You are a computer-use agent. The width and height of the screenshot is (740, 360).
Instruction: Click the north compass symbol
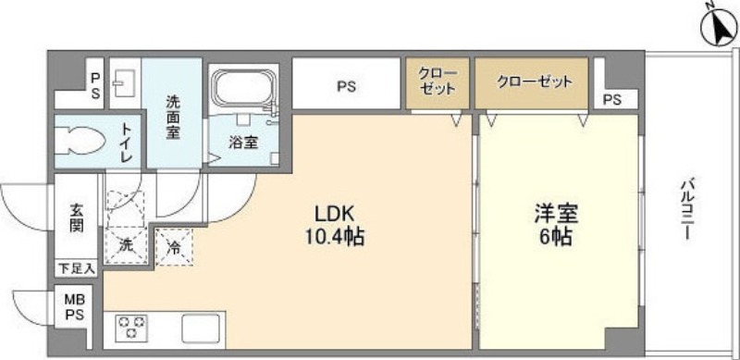(x=720, y=28)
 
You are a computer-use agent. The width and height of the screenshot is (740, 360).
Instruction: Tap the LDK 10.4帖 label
(x=335, y=226)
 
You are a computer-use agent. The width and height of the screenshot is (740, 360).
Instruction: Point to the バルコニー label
(x=686, y=208)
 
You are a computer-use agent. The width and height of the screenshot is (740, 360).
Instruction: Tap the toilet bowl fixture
(x=80, y=142)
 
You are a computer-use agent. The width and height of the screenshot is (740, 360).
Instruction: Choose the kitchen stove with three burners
(x=131, y=327)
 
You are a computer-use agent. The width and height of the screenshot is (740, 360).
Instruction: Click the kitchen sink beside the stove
(x=201, y=329)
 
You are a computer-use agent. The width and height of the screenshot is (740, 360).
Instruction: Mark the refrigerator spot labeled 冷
(x=174, y=248)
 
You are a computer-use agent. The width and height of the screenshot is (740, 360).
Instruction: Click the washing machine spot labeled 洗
(x=126, y=246)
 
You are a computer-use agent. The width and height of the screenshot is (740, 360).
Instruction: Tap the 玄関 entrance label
(x=77, y=217)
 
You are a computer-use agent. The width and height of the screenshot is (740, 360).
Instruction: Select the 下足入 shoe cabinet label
(x=77, y=269)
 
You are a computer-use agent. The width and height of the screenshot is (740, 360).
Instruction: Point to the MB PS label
(x=75, y=306)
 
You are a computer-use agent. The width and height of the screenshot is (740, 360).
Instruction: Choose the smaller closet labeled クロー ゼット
(x=438, y=83)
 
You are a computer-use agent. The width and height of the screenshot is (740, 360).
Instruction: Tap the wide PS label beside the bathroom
(x=346, y=87)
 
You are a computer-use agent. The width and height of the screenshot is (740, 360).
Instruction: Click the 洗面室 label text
(x=173, y=118)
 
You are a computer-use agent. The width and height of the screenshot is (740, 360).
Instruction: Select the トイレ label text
(x=126, y=143)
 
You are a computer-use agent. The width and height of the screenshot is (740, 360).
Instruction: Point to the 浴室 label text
(x=243, y=143)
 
